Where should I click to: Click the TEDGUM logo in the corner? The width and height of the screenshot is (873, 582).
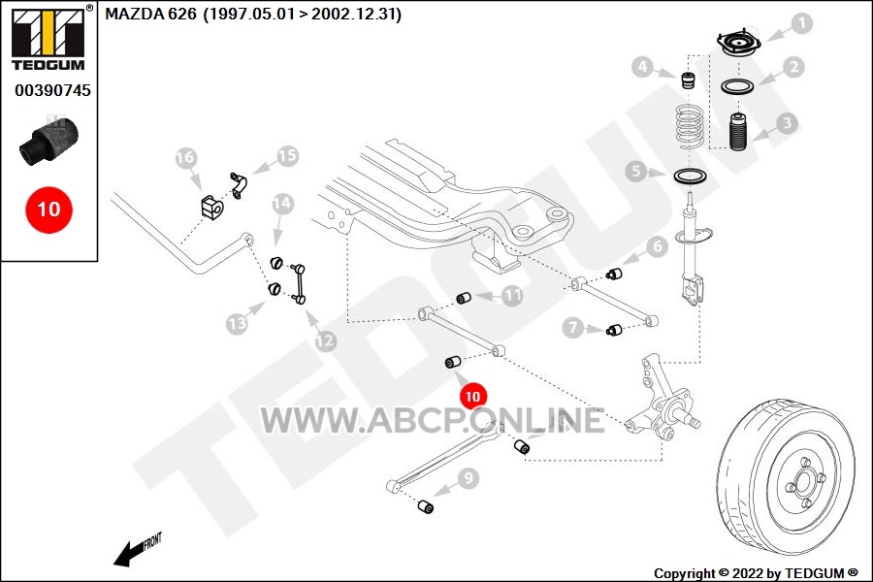tap(48, 37)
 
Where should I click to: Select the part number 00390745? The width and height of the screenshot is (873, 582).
tap(52, 90)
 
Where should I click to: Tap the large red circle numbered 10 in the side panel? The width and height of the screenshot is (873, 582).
tap(48, 210)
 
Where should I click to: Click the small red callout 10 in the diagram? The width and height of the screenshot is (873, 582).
tap(472, 396)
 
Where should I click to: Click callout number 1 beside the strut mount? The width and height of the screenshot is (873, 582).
tap(801, 24)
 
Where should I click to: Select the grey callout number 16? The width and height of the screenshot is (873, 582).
tap(186, 157)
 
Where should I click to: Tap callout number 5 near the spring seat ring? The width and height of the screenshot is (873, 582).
tap(636, 171)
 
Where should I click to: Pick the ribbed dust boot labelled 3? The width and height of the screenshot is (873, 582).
tap(738, 132)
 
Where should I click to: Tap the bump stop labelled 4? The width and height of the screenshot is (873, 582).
tap(690, 80)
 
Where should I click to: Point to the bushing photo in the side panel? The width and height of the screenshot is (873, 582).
tap(49, 140)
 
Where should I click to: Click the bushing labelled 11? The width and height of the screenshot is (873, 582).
tap(464, 298)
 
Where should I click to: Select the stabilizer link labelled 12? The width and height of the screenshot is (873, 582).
tap(298, 283)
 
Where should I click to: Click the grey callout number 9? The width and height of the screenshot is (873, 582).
tap(469, 478)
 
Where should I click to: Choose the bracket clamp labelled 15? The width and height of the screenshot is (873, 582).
tap(239, 185)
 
